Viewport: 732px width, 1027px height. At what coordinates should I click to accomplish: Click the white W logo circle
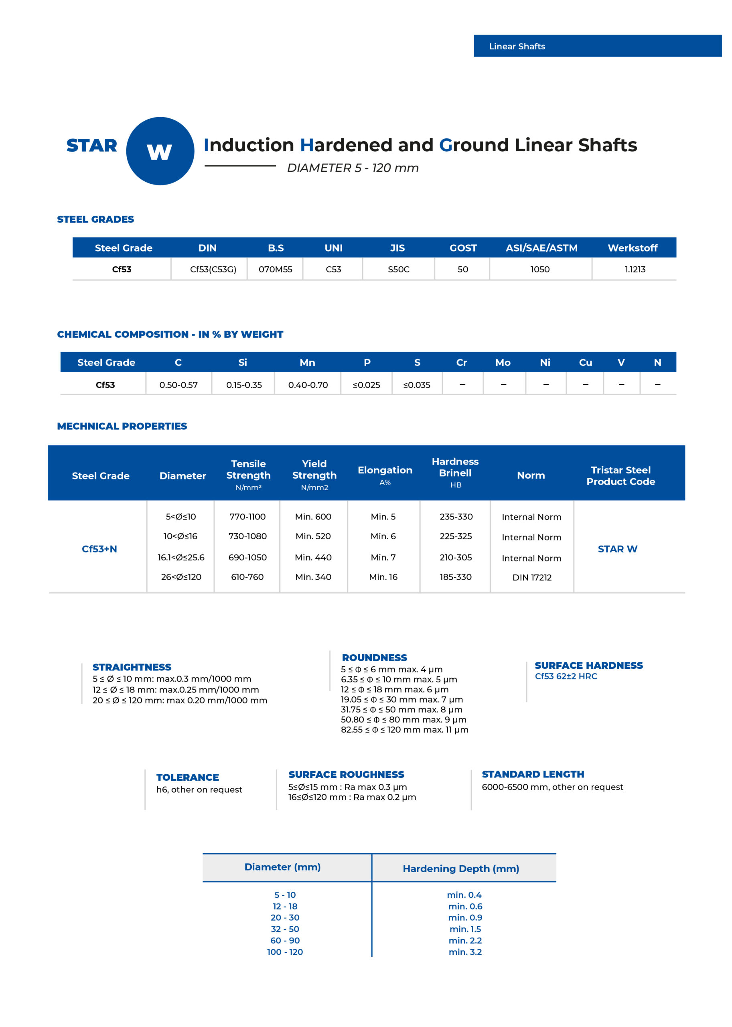click(x=160, y=151)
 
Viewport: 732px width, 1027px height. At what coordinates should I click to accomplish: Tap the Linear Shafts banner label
click(x=517, y=47)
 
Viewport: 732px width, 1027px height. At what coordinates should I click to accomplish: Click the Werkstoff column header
click(x=633, y=248)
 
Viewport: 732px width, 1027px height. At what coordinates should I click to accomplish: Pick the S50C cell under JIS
click(x=398, y=269)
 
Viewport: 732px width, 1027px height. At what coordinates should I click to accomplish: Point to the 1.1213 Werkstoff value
click(x=635, y=269)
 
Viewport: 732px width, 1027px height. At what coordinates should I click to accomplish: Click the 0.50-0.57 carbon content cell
click(x=178, y=385)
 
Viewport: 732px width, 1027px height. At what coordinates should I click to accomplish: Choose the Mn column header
click(x=307, y=363)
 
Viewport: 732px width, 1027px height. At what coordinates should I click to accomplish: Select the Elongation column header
click(x=385, y=470)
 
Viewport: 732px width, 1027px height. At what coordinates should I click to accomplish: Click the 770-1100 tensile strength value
click(x=247, y=517)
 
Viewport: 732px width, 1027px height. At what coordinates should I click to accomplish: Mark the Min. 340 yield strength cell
click(x=313, y=577)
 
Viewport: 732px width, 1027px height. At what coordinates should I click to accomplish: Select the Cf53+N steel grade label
click(x=99, y=549)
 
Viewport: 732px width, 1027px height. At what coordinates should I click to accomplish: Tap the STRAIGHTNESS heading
click(x=132, y=667)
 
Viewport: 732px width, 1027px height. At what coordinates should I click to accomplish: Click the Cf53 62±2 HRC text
click(x=566, y=676)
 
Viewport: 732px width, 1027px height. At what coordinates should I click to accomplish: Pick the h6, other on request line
click(x=199, y=790)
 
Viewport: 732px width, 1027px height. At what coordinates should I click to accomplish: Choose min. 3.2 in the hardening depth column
click(x=465, y=952)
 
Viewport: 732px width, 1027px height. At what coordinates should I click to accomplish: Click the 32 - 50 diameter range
click(x=285, y=929)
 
